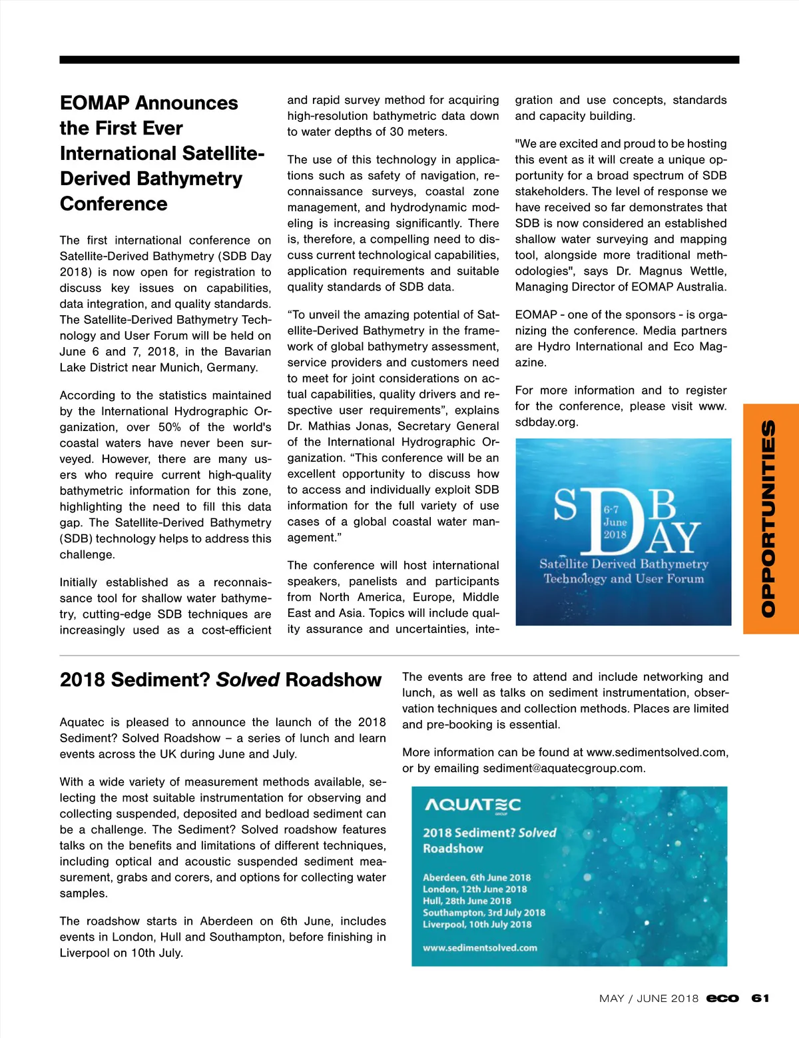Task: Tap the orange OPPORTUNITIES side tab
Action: [770, 518]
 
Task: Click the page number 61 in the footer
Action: [760, 998]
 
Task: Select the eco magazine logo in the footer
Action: [722, 998]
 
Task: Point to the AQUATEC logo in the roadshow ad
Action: [473, 805]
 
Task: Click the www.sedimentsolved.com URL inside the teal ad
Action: [479, 947]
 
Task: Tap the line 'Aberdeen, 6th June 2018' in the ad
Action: [477, 877]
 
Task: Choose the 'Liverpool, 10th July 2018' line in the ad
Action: [477, 924]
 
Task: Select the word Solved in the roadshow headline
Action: [248, 680]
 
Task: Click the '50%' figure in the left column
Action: [169, 427]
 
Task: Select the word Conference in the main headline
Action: [113, 204]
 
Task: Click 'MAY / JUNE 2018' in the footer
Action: [649, 998]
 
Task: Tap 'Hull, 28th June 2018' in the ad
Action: [467, 901]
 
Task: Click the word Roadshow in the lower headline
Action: [333, 680]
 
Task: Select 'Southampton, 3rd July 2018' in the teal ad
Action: [483, 913]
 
